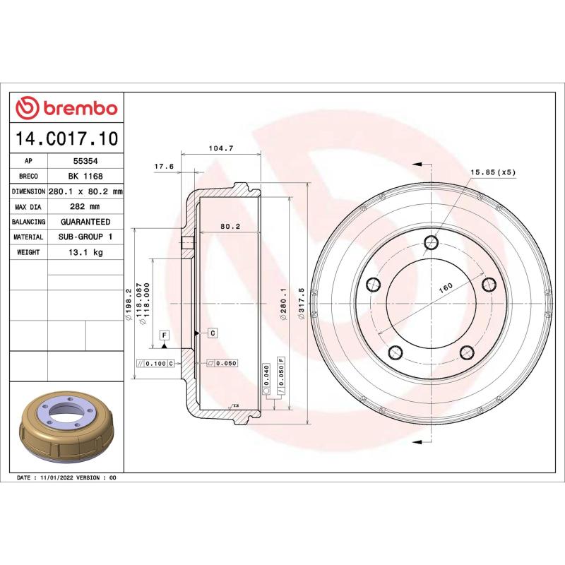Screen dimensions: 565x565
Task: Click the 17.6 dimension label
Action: coord(164,167)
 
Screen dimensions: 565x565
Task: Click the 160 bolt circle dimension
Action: coord(446,287)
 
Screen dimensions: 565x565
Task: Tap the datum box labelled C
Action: coord(211,332)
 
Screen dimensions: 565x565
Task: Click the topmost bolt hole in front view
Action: coord(431,244)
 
